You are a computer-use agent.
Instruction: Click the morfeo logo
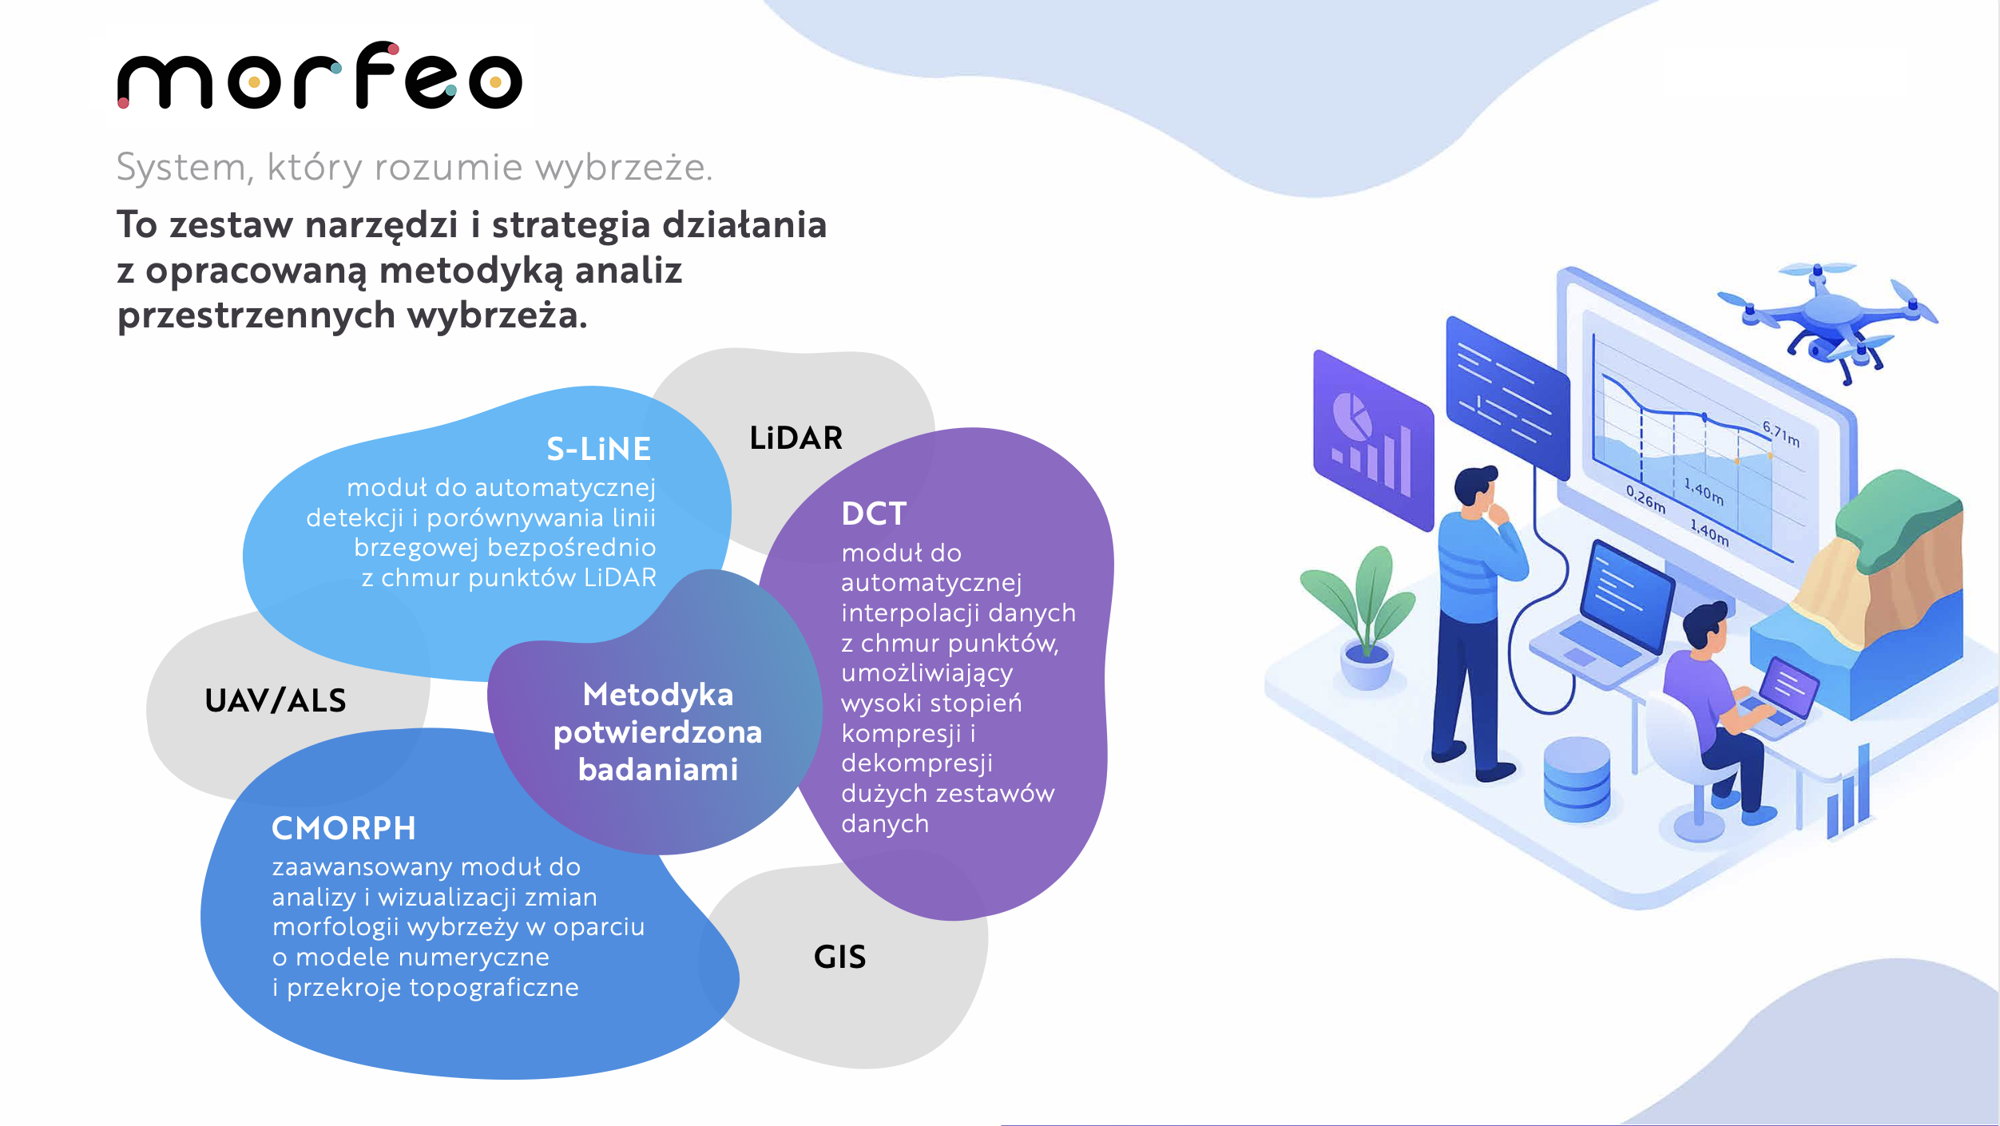click(319, 76)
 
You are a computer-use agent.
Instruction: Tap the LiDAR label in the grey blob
click(796, 438)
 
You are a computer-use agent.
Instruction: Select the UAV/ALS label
click(276, 700)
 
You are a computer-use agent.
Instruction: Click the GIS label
click(839, 957)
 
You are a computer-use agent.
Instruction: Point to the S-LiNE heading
click(599, 449)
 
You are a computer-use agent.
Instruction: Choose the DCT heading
click(874, 513)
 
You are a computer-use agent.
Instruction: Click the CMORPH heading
click(343, 828)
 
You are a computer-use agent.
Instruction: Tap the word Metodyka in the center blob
click(658, 695)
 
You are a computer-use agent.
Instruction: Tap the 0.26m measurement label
click(1646, 500)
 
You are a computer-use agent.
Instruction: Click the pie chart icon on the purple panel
click(1351, 416)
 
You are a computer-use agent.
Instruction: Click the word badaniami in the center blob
click(658, 770)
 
